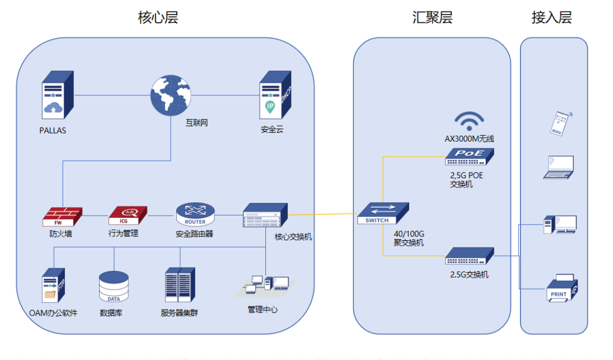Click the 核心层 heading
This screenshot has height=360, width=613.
tap(158, 17)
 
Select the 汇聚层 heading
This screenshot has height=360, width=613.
tap(432, 17)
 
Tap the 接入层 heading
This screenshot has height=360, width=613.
tap(551, 17)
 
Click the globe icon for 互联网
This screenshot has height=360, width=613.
tap(170, 96)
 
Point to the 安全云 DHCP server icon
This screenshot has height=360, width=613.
tap(274, 96)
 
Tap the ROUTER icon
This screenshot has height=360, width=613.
tap(195, 214)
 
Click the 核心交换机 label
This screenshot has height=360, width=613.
tap(293, 237)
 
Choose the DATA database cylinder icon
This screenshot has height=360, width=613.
tap(114, 287)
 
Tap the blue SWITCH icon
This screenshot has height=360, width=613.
tap(382, 213)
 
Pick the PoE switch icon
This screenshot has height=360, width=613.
tap(469, 157)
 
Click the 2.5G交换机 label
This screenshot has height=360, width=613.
tap(469, 275)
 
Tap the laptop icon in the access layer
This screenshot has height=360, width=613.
tap(559, 167)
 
